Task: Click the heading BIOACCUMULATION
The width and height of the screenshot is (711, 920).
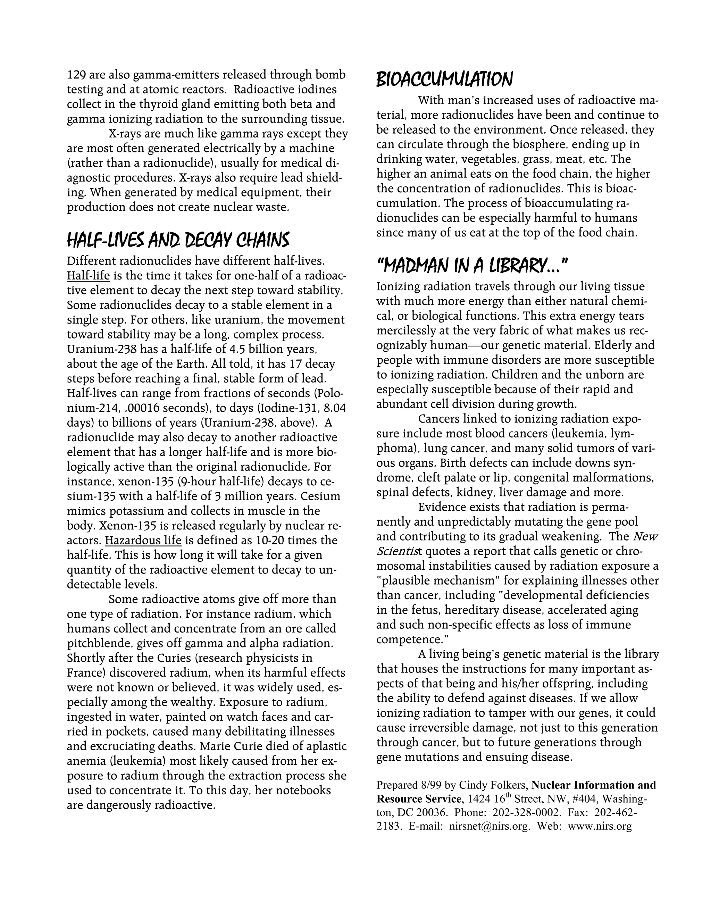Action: tap(444, 79)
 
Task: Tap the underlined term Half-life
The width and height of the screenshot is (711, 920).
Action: tap(88, 276)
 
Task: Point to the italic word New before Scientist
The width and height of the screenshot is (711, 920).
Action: tap(646, 537)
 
